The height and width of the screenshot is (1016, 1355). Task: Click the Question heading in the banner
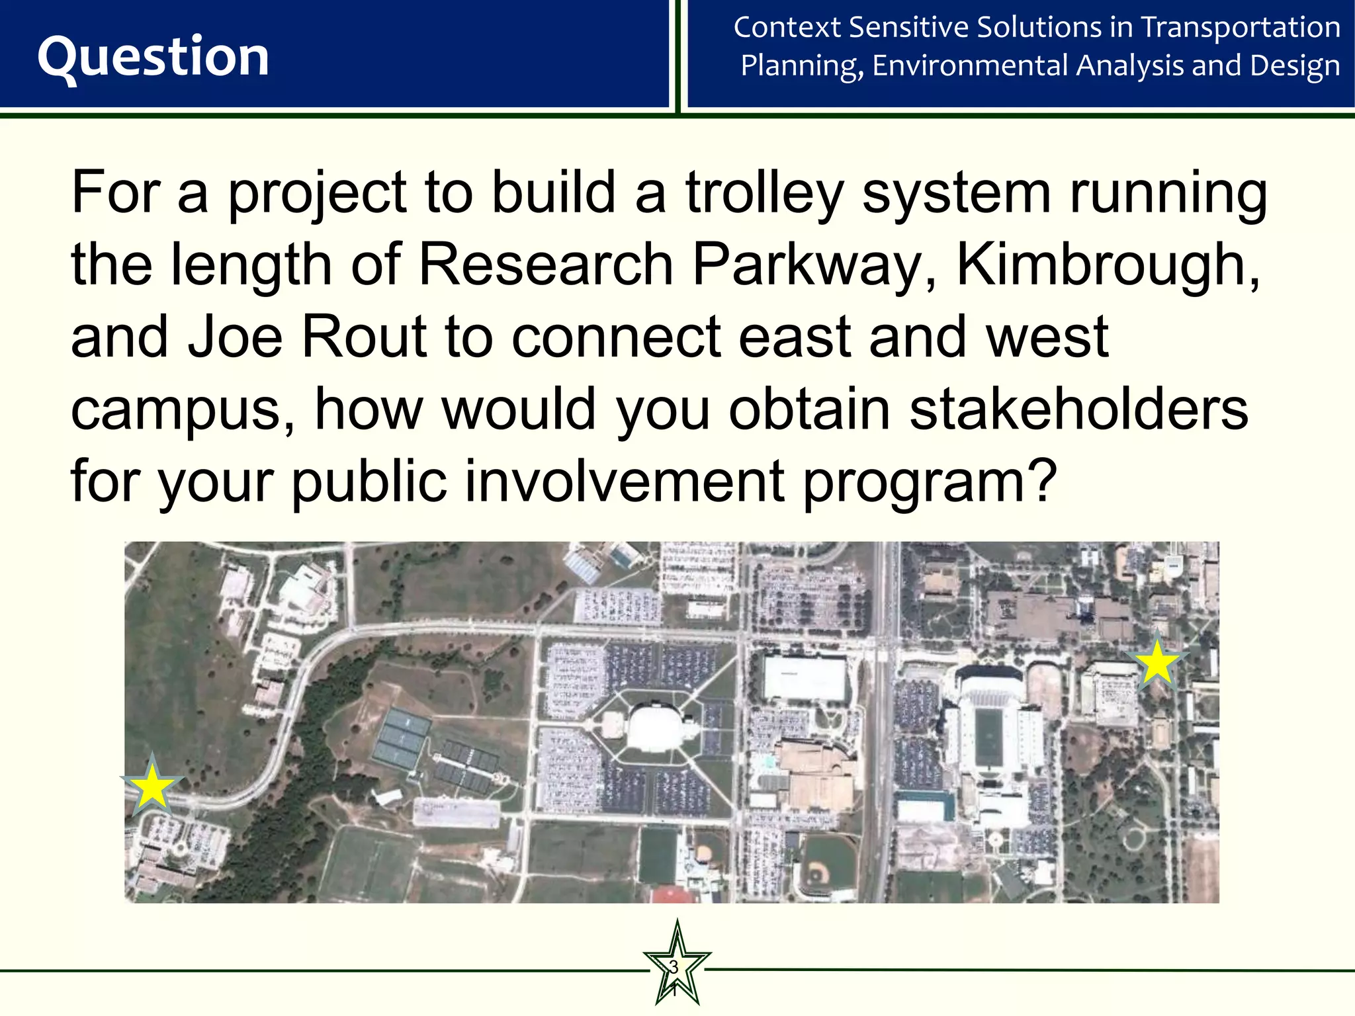coord(153,57)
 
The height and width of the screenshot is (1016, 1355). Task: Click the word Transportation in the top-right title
coord(1241,28)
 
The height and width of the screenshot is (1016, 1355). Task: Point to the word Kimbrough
coord(1108,265)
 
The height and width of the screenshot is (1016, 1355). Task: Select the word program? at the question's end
coord(930,482)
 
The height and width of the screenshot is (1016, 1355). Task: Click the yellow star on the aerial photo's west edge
coord(152,786)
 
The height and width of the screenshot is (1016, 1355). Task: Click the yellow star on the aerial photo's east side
coord(1157,662)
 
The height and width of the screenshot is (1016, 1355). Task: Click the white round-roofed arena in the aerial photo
coord(655,728)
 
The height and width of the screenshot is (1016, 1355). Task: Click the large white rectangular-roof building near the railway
coord(805,677)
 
